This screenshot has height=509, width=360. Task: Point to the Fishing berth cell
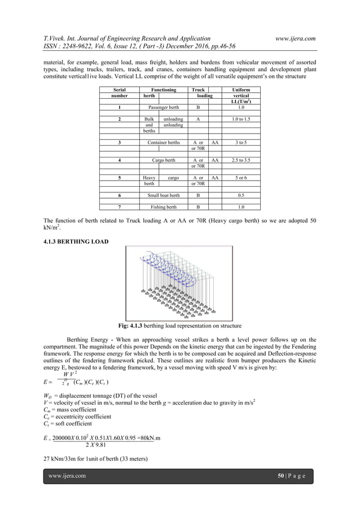(164, 207)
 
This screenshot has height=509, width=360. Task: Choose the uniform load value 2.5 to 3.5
(241, 160)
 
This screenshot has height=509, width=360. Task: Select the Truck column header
(198, 89)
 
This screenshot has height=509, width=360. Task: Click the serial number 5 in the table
(119, 177)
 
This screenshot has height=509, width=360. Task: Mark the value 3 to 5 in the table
(241, 143)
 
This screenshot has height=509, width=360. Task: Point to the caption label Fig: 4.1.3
(131, 326)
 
